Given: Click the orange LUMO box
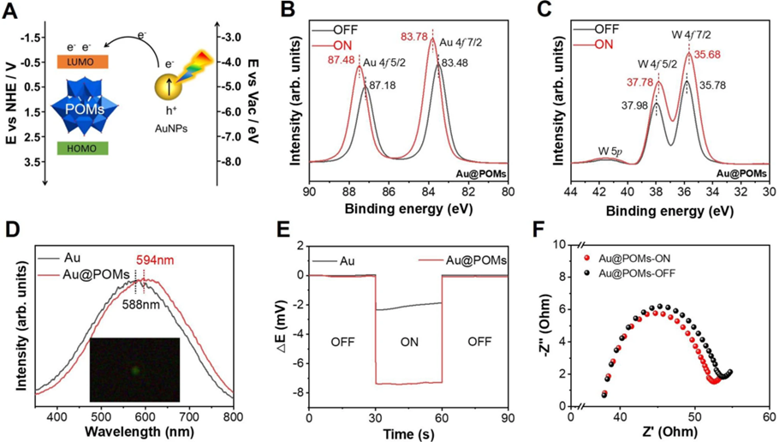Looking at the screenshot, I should point(81,63).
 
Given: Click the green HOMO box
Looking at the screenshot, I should point(81,149).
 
